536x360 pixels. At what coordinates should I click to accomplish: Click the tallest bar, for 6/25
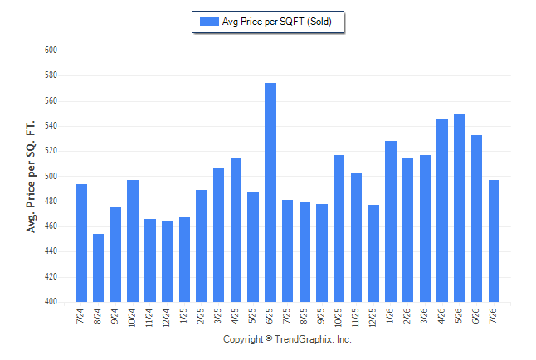(270, 192)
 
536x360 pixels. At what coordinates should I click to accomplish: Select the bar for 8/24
(99, 268)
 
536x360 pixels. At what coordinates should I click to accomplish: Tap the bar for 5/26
(460, 208)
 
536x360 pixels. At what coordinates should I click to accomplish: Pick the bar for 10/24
(133, 241)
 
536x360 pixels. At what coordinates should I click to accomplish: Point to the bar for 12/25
(373, 253)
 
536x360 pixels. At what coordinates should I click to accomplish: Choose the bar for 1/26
(391, 221)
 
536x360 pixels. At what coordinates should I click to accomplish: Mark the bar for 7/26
(494, 241)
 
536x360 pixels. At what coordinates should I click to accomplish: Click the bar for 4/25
(236, 230)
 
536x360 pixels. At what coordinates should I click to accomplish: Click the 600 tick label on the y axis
(51, 51)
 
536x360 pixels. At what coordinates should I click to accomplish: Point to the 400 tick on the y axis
(51, 302)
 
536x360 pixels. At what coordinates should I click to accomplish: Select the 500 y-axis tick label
(51, 176)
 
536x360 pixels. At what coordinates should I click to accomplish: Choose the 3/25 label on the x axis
(217, 315)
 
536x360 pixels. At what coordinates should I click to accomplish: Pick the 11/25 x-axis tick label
(355, 318)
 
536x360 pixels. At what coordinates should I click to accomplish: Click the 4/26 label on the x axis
(441, 315)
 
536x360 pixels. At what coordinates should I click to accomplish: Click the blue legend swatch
(209, 22)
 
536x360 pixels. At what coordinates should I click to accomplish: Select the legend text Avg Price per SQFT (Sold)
(277, 22)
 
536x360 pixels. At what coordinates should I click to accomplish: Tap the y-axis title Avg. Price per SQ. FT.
(31, 177)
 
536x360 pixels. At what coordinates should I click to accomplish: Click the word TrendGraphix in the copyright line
(304, 339)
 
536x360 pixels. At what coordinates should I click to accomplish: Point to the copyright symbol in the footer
(269, 338)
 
